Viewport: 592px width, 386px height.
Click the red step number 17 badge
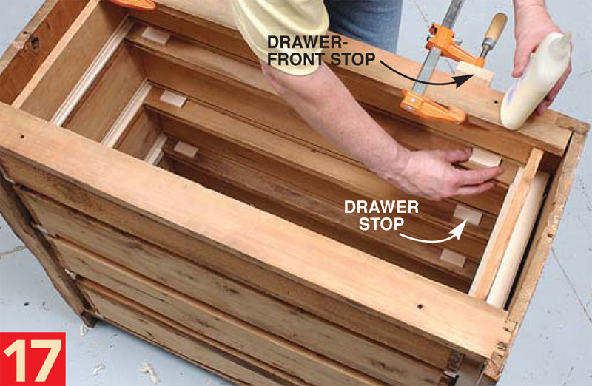33,359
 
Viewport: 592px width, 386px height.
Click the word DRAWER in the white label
381,207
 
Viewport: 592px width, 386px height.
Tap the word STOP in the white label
381,224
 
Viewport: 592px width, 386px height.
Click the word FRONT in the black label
295,59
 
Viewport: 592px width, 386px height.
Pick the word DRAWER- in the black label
304,42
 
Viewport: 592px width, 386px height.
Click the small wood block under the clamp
474,72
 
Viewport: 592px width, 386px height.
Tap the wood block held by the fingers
485,158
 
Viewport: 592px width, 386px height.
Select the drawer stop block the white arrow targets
468,214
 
